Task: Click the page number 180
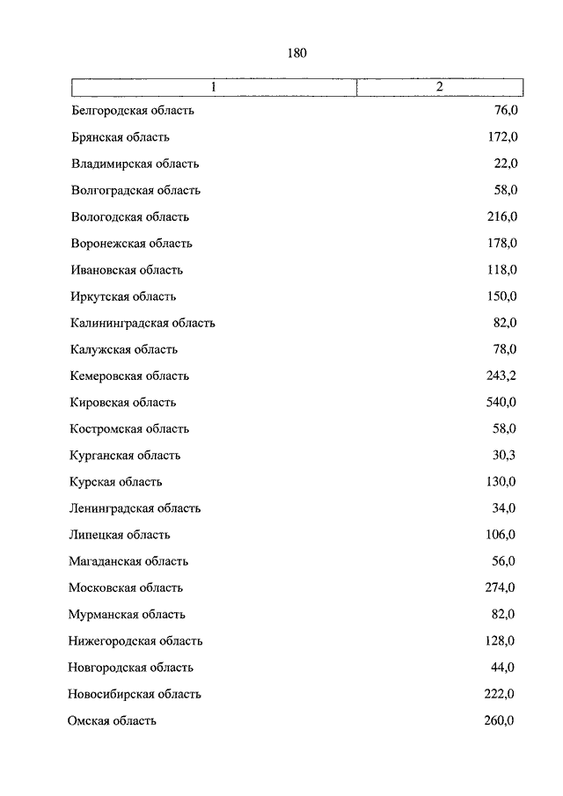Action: point(296,54)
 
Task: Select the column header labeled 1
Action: point(213,87)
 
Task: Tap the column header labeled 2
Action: point(439,87)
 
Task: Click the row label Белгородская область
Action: point(132,111)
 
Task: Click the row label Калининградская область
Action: point(143,323)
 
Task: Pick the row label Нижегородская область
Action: point(135,641)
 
